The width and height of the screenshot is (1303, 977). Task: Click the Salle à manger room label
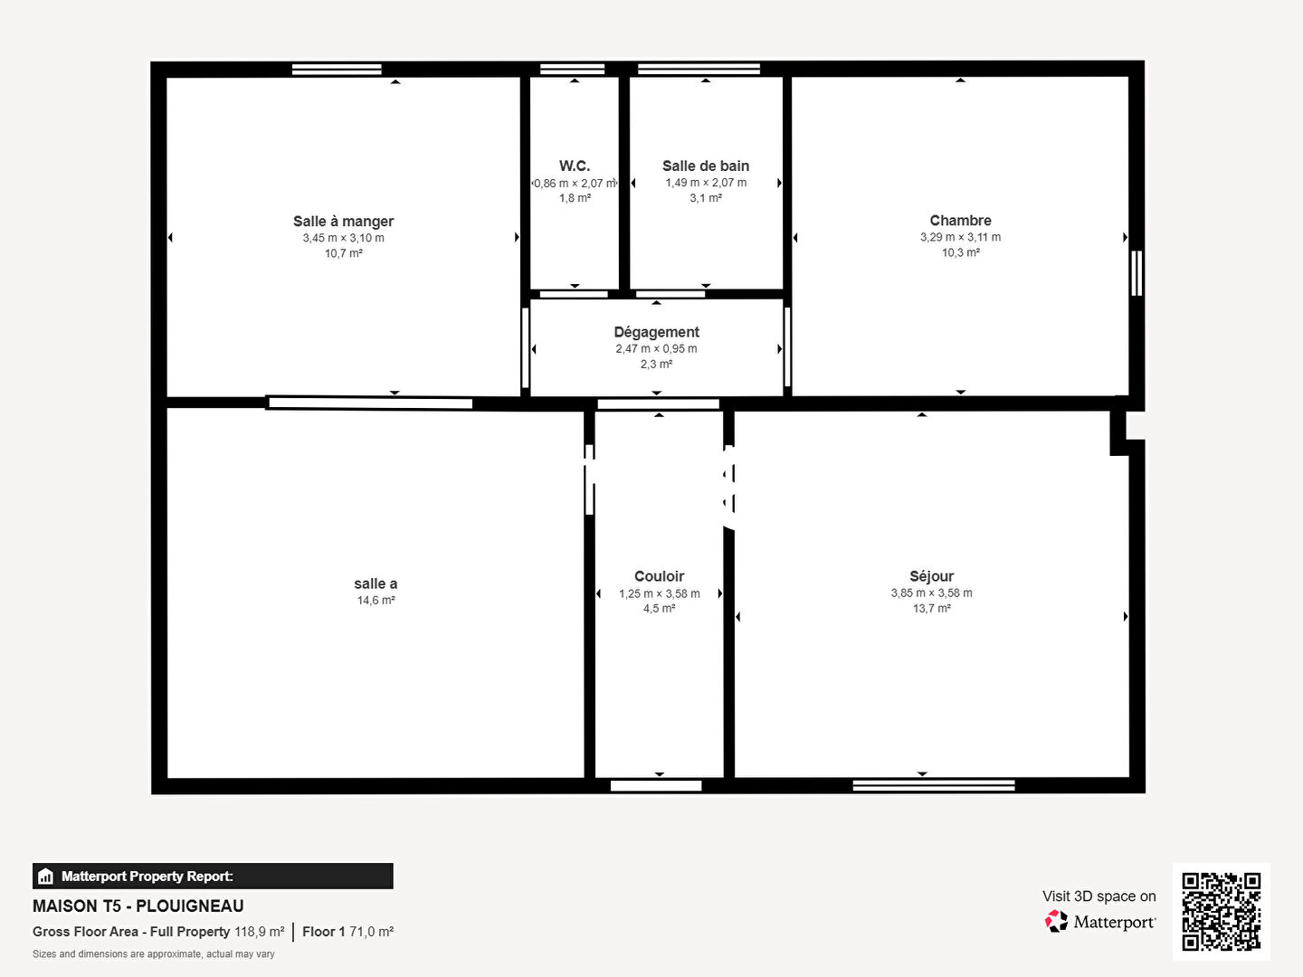pyautogui.click(x=343, y=222)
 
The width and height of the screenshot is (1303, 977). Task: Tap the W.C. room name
pyautogui.click(x=574, y=166)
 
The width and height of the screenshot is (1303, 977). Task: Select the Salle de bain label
pyautogui.click(x=705, y=166)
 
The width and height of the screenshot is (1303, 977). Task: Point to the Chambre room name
pyautogui.click(x=960, y=221)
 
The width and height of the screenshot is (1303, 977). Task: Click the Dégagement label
pyautogui.click(x=656, y=332)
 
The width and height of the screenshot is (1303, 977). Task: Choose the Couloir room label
pyautogui.click(x=659, y=576)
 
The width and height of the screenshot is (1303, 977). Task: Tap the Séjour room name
pyautogui.click(x=931, y=576)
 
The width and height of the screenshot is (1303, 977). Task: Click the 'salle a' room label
pyautogui.click(x=376, y=583)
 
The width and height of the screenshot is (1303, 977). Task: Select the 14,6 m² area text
pyautogui.click(x=376, y=601)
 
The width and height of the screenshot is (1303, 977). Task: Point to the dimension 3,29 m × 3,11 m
pyautogui.click(x=960, y=237)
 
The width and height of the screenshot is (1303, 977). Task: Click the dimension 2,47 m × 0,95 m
pyautogui.click(x=656, y=349)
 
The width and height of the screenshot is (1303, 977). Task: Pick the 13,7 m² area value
pyautogui.click(x=931, y=608)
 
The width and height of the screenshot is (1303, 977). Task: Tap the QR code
pyautogui.click(x=1221, y=912)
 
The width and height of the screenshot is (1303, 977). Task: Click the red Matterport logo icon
pyautogui.click(x=1056, y=921)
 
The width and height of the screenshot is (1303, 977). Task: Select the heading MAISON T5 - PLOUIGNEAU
pyautogui.click(x=138, y=906)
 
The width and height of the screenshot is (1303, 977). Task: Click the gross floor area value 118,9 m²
pyautogui.click(x=260, y=932)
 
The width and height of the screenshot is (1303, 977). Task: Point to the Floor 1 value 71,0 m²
pyautogui.click(x=371, y=932)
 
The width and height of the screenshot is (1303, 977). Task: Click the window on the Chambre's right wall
pyautogui.click(x=1137, y=273)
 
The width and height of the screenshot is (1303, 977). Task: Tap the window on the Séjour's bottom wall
pyautogui.click(x=933, y=785)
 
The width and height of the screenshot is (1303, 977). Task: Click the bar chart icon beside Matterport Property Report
pyautogui.click(x=46, y=877)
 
